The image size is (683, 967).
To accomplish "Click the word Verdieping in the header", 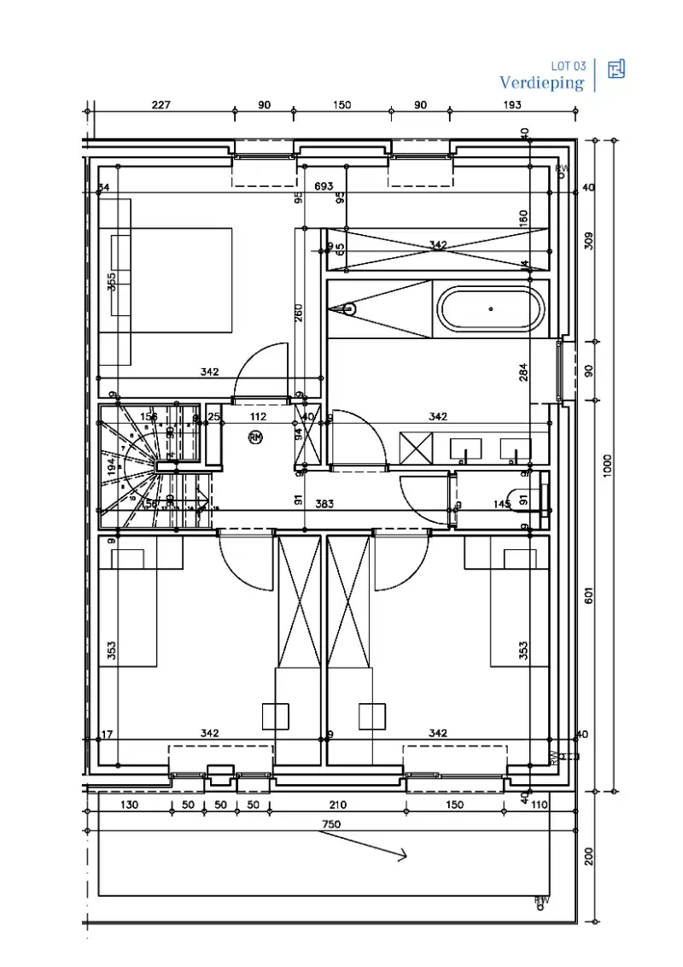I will point(542,83).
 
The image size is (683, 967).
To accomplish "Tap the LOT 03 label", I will point(569,66).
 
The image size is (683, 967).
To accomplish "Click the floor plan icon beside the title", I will point(616,69).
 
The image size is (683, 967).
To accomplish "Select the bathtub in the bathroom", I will point(490,308).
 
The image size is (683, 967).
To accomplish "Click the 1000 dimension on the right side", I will point(608,465).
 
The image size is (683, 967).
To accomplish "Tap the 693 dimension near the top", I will point(324,185).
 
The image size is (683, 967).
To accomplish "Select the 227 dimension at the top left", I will point(161,105).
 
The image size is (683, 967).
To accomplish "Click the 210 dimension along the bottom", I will point(337,805).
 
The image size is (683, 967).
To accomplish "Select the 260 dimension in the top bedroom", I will point(299,314).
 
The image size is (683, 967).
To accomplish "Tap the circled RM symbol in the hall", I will point(255,437).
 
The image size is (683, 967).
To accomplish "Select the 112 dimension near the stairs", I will point(258,417).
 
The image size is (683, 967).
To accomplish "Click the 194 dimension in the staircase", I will point(111,466).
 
